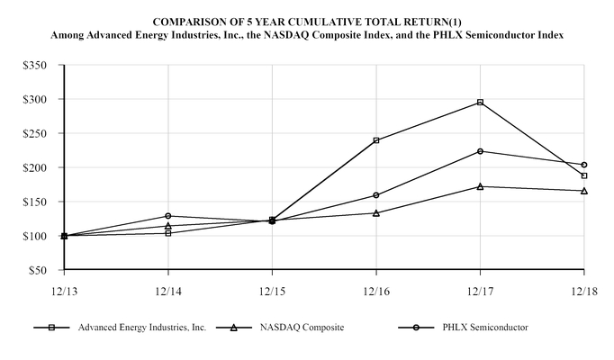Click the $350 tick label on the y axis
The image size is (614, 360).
(39, 67)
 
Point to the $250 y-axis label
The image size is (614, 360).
(39, 134)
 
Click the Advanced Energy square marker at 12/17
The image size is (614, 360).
(480, 103)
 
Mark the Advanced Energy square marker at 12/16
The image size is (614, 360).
(376, 140)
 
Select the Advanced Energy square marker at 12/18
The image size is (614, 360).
(584, 175)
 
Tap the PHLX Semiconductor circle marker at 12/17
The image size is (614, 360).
(480, 151)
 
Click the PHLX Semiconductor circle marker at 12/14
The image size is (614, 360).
(168, 216)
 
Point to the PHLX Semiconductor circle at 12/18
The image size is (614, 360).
(584, 165)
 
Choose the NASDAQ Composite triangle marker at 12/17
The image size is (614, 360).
(480, 186)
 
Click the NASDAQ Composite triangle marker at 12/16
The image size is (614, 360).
(376, 213)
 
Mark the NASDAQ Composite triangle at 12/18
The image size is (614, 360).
(584, 191)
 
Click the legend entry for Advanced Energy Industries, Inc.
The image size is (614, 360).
(141, 328)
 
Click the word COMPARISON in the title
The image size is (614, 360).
(185, 20)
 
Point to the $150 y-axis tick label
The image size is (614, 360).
(39, 202)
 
